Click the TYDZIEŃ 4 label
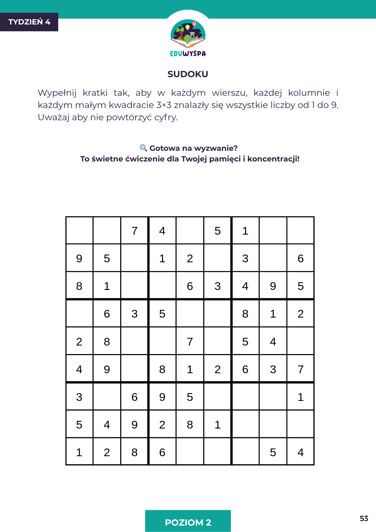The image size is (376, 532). tap(29, 22)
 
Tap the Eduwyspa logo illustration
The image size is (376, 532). tap(188, 34)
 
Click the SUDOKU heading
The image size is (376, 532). tap(188, 74)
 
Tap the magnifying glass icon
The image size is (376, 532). tap(143, 148)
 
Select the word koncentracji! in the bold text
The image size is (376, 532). tap(273, 159)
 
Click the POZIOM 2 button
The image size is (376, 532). tap(188, 522)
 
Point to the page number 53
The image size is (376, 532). tap(364, 518)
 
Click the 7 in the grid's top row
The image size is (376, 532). tap(135, 231)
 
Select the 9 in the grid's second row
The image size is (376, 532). tap(79, 259)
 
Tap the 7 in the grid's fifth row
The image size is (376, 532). tap(190, 342)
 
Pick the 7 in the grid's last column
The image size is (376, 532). tap(300, 369)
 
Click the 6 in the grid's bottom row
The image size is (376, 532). tap(162, 452)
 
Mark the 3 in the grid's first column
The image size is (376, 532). tap(79, 397)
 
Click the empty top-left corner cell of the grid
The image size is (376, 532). tap(79, 230)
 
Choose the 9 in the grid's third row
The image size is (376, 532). tap(273, 286)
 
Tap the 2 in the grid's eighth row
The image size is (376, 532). tap(162, 425)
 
